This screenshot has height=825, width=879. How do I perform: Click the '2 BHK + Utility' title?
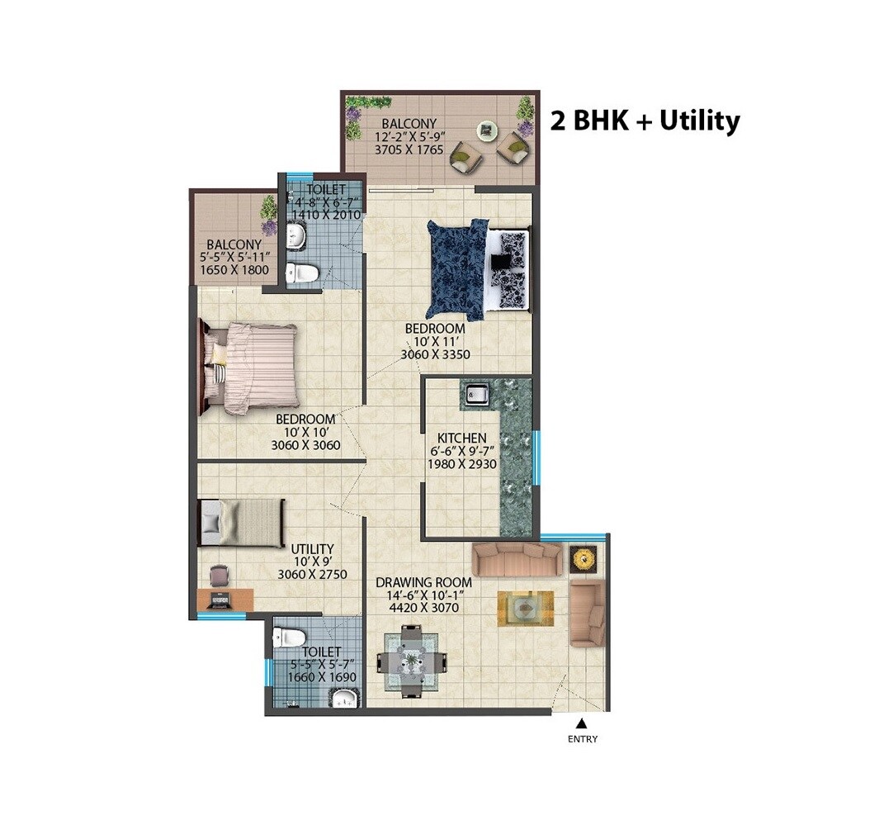tap(645, 121)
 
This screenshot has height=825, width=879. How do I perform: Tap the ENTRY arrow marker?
tap(582, 724)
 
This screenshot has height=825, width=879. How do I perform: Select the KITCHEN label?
tap(462, 438)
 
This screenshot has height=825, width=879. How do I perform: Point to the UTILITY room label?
tap(312, 548)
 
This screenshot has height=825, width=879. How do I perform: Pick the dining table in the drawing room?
tap(412, 661)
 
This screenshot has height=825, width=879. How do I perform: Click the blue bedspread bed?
tap(456, 268)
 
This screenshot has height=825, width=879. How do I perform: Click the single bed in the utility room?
tap(241, 523)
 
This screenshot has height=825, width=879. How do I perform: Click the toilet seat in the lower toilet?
tap(288, 637)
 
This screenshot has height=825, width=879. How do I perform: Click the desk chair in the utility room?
tap(219, 574)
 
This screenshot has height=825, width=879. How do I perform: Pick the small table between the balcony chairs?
tap(486, 130)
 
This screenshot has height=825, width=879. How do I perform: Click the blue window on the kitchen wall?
tap(536, 458)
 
